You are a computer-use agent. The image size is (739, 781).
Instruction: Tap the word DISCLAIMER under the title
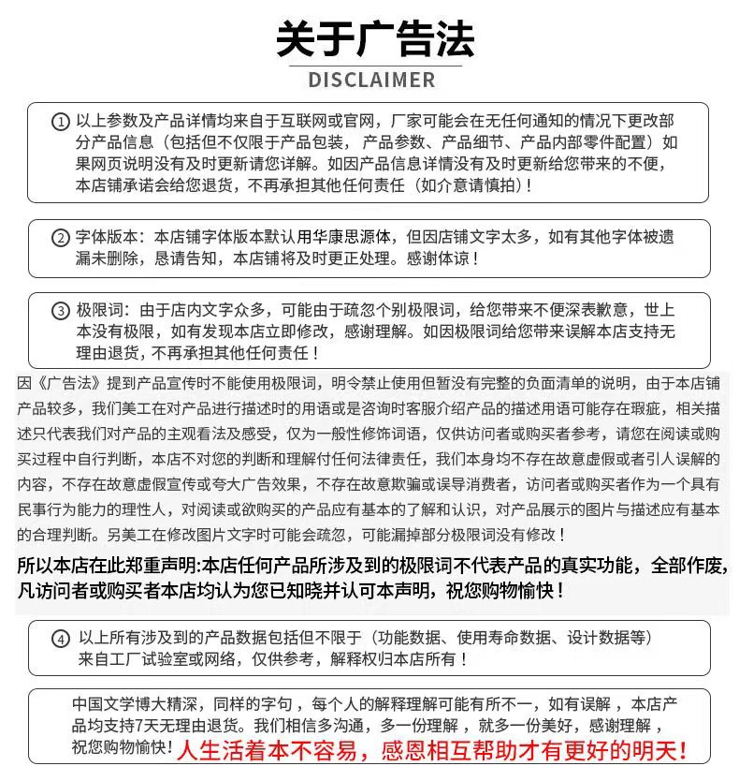click(x=371, y=80)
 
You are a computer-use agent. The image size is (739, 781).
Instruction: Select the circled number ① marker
click(x=60, y=123)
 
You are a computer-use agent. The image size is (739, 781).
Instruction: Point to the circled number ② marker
click(x=60, y=238)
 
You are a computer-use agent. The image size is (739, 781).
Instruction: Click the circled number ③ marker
click(x=60, y=311)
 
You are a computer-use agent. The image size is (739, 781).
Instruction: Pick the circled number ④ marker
click(x=60, y=640)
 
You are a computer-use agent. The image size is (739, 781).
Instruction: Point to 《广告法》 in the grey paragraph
click(x=64, y=383)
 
